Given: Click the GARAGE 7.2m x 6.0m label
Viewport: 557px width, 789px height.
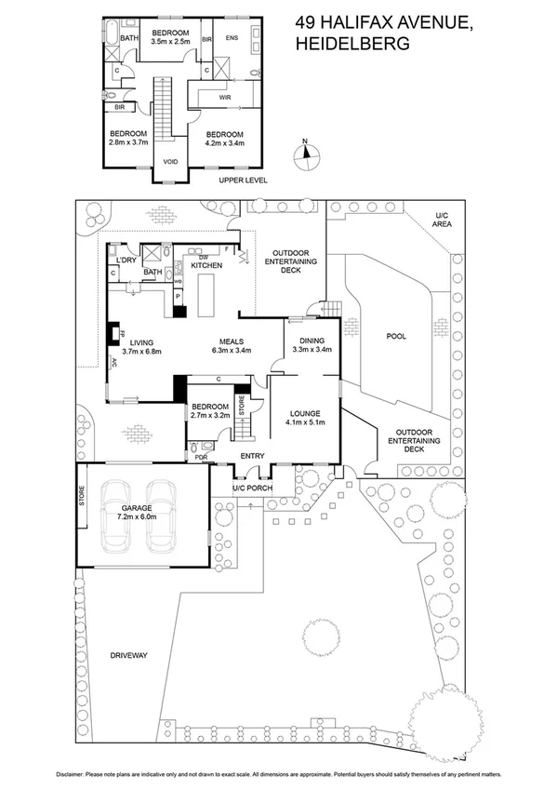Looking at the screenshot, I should pos(139,511).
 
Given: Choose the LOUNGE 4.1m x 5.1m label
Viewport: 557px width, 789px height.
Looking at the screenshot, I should pos(304,419).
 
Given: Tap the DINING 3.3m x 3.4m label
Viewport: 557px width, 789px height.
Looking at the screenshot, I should pos(312,345).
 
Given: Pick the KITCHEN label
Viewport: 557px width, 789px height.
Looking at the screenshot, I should pos(206,266).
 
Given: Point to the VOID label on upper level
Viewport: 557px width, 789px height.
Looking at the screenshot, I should pos(170,161).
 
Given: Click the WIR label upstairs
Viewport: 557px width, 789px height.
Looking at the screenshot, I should pos(224,96).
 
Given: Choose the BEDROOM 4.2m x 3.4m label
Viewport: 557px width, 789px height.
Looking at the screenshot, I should pos(224,139).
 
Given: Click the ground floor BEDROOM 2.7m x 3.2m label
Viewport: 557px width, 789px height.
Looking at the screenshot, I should pos(211,411).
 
